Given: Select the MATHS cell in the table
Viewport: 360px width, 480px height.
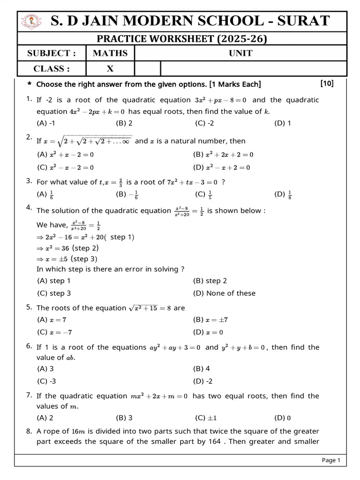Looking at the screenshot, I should pyautogui.click(x=110, y=53).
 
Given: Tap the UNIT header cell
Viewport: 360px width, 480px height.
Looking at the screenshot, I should pyautogui.click(x=240, y=53).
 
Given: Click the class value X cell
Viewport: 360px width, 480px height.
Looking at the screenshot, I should pyautogui.click(x=110, y=68).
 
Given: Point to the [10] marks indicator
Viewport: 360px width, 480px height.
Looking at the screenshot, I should pyautogui.click(x=327, y=83).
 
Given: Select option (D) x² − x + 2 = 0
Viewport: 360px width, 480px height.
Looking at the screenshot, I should pyautogui.click(x=221, y=167).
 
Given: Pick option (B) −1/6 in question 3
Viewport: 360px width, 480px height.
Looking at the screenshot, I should pyautogui.click(x=127, y=195).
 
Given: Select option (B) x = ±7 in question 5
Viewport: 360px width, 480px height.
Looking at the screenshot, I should pyautogui.click(x=210, y=320).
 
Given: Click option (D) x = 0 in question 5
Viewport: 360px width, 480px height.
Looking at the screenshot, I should pyautogui.click(x=208, y=332).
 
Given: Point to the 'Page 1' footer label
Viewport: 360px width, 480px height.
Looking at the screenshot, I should pyautogui.click(x=331, y=460).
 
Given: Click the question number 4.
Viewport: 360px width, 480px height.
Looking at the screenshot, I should pyautogui.click(x=29, y=208).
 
